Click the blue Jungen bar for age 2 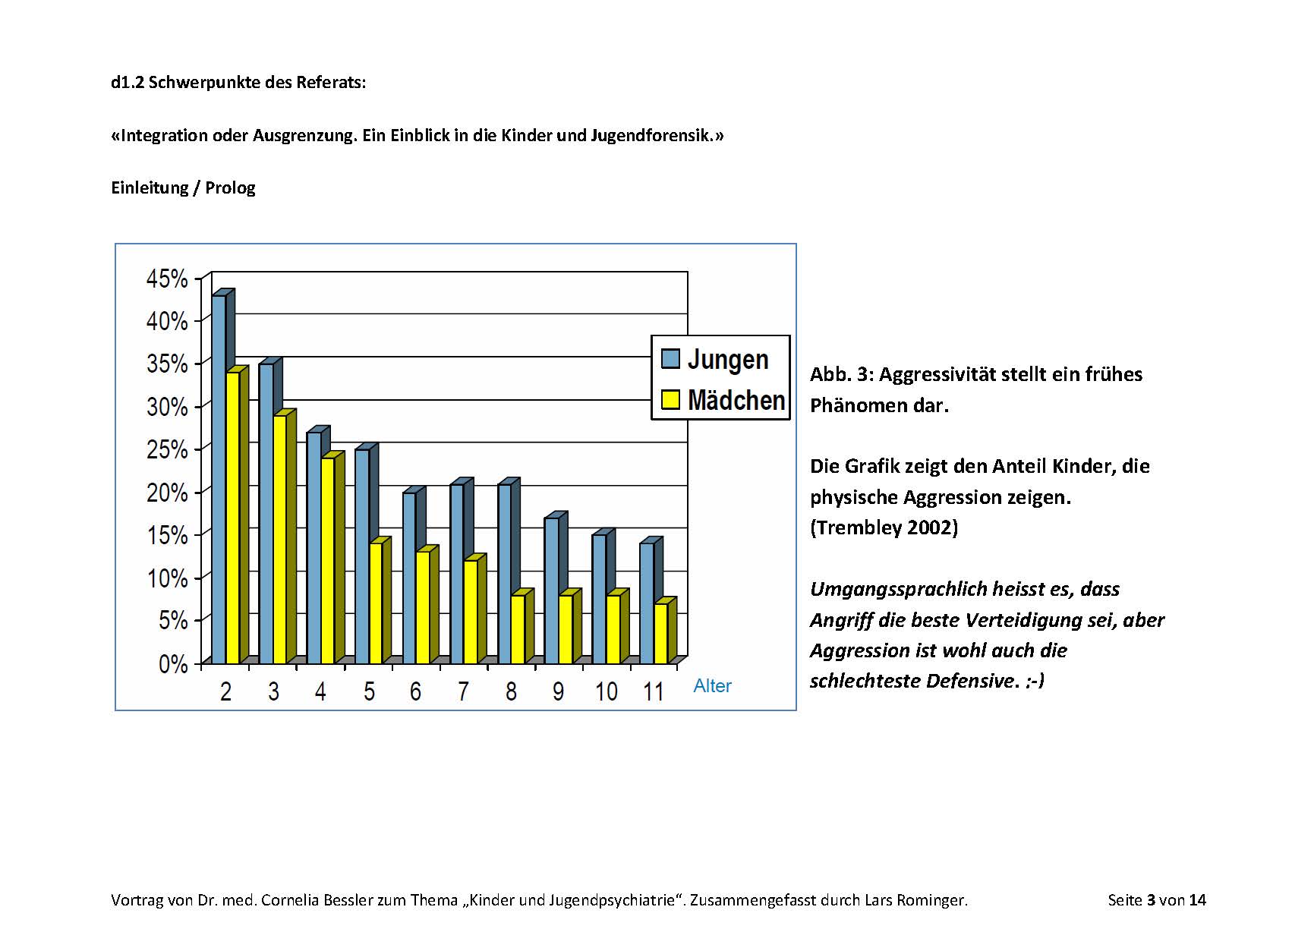tap(219, 478)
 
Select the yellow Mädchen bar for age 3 tap(280, 539)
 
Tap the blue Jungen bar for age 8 tap(504, 573)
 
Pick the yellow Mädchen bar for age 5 tap(376, 603)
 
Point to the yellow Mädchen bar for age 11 tap(661, 634)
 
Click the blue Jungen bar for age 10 tap(599, 600)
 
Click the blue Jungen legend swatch tap(670, 358)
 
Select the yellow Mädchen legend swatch tap(670, 399)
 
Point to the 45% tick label tap(167, 279)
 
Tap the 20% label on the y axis tap(167, 493)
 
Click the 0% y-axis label tap(173, 664)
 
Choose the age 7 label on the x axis tap(463, 691)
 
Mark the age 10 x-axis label tap(606, 691)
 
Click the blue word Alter tap(712, 686)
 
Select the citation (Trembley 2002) tap(884, 527)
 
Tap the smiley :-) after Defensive tap(1035, 681)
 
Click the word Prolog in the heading tap(230, 187)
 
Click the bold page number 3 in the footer tap(1151, 900)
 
